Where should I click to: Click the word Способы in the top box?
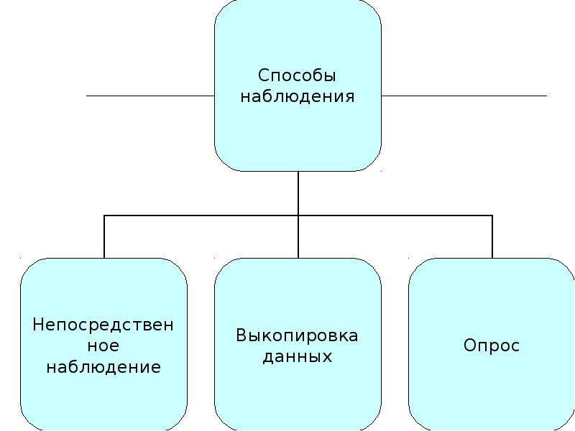(297, 76)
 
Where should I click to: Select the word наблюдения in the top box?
(298, 97)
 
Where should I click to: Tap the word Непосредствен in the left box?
(103, 325)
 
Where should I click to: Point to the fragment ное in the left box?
(103, 346)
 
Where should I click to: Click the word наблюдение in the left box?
(103, 367)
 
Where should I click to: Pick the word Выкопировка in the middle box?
(297, 335)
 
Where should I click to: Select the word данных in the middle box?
(298, 356)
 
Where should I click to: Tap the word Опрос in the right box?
(492, 346)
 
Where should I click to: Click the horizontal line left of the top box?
(150, 96)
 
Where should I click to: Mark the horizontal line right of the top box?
(464, 96)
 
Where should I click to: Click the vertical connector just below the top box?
(298, 193)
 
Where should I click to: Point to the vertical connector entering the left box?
(104, 237)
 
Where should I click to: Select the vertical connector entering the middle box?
(298, 237)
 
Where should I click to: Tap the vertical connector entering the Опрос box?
(492, 237)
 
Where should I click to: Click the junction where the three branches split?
(298, 215)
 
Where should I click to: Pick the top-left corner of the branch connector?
(104, 215)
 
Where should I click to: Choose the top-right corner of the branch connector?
(492, 215)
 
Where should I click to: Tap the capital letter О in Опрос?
(470, 345)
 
